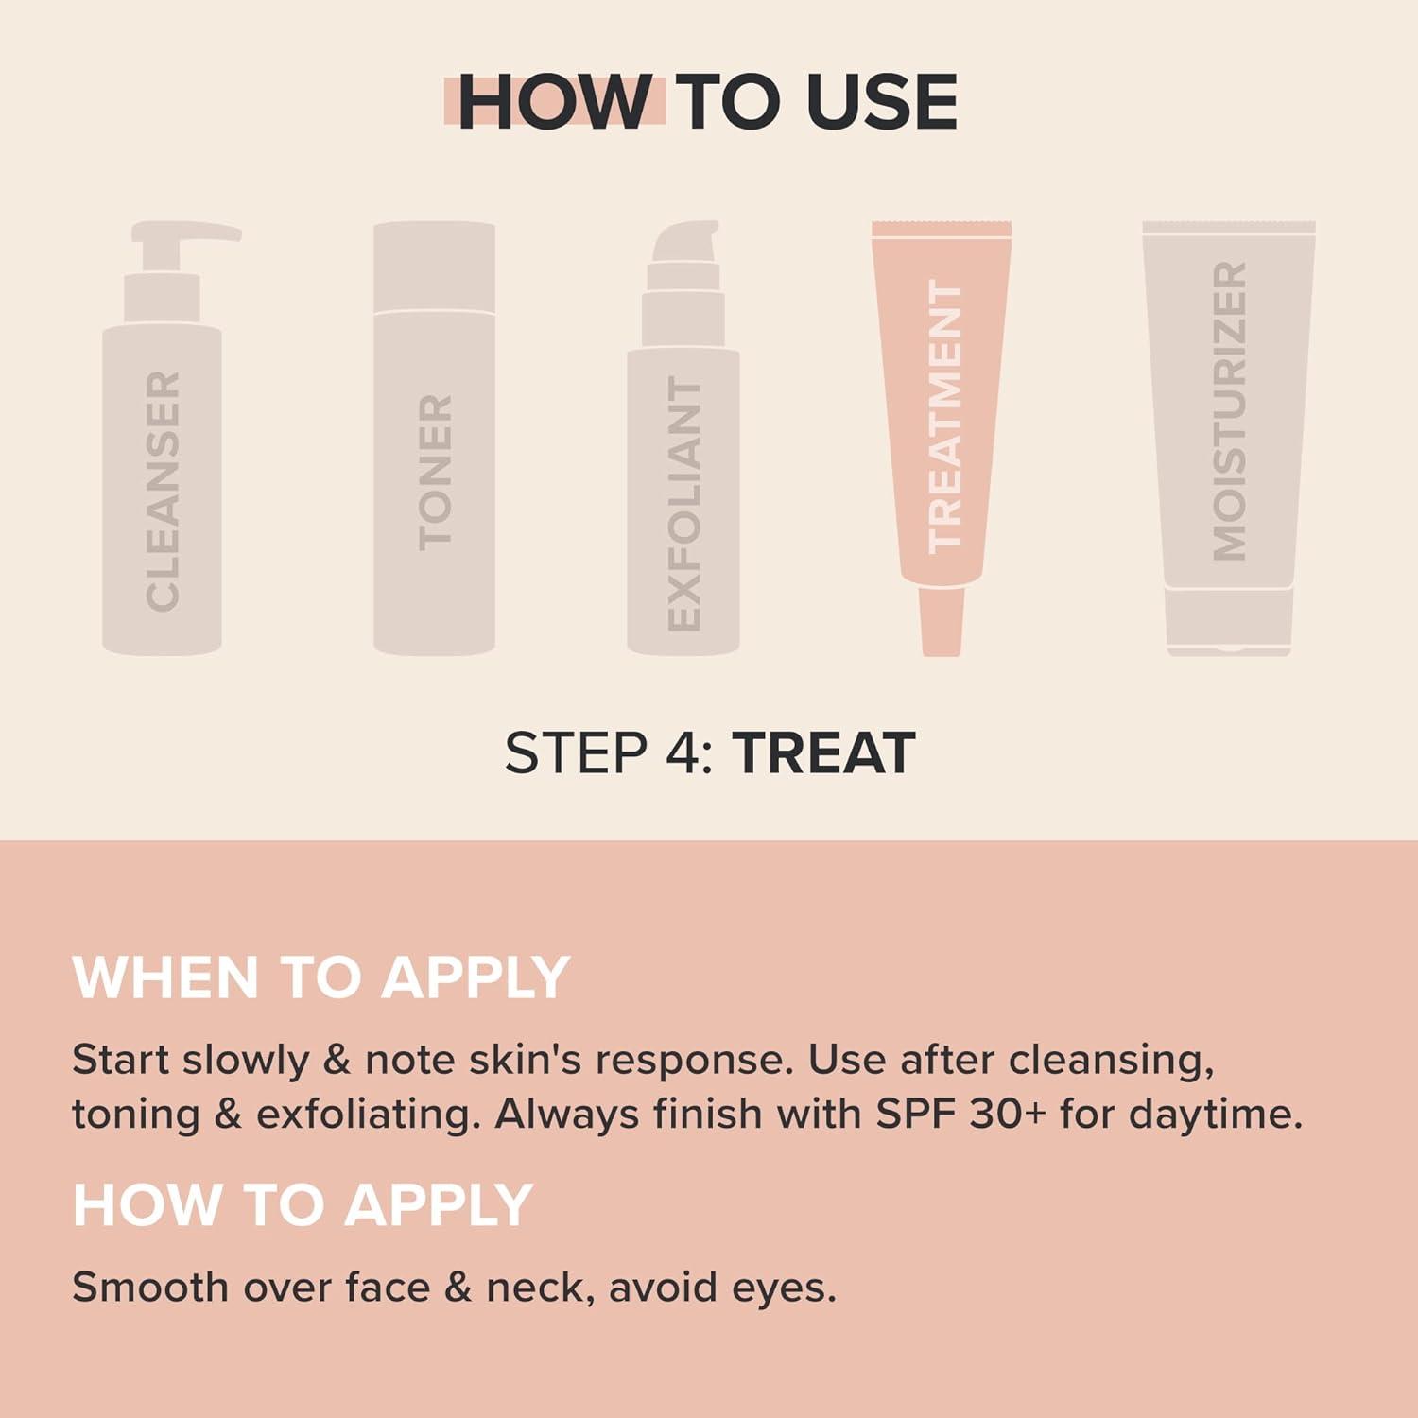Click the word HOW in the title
point(554,101)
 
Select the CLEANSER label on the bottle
point(163,491)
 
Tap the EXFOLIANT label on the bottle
point(683,504)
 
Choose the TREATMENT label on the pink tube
point(944,417)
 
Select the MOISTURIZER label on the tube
point(1229,411)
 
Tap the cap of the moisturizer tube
point(1229,621)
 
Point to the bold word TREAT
point(823,753)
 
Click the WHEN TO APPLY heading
point(320,977)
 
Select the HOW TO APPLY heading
point(303,1204)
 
